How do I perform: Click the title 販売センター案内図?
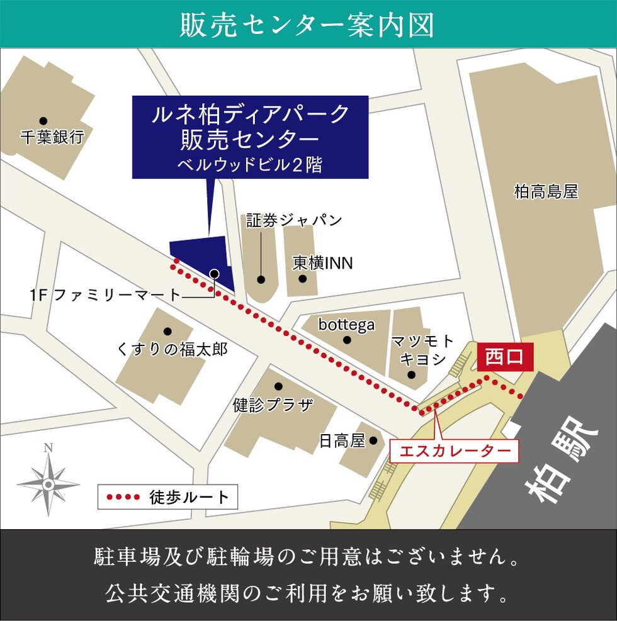pyautogui.click(x=308, y=25)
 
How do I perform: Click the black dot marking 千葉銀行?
pyautogui.click(x=43, y=121)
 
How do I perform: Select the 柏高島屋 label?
pyautogui.click(x=546, y=192)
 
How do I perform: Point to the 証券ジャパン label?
pyautogui.click(x=293, y=220)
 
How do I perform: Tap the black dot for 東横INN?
pyautogui.click(x=302, y=279)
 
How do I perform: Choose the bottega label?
pyautogui.click(x=346, y=325)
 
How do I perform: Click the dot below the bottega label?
pyautogui.click(x=347, y=340)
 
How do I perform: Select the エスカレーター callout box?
pyautogui.click(x=455, y=450)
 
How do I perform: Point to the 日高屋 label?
pyautogui.click(x=342, y=441)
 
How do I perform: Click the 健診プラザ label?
pyautogui.click(x=273, y=404)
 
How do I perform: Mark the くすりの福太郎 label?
pyautogui.click(x=172, y=349)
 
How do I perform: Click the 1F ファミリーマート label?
pyautogui.click(x=105, y=294)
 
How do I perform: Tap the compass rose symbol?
pyautogui.click(x=48, y=483)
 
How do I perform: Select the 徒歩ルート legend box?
pyautogui.click(x=168, y=497)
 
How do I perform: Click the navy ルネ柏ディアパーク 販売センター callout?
pyautogui.click(x=250, y=137)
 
